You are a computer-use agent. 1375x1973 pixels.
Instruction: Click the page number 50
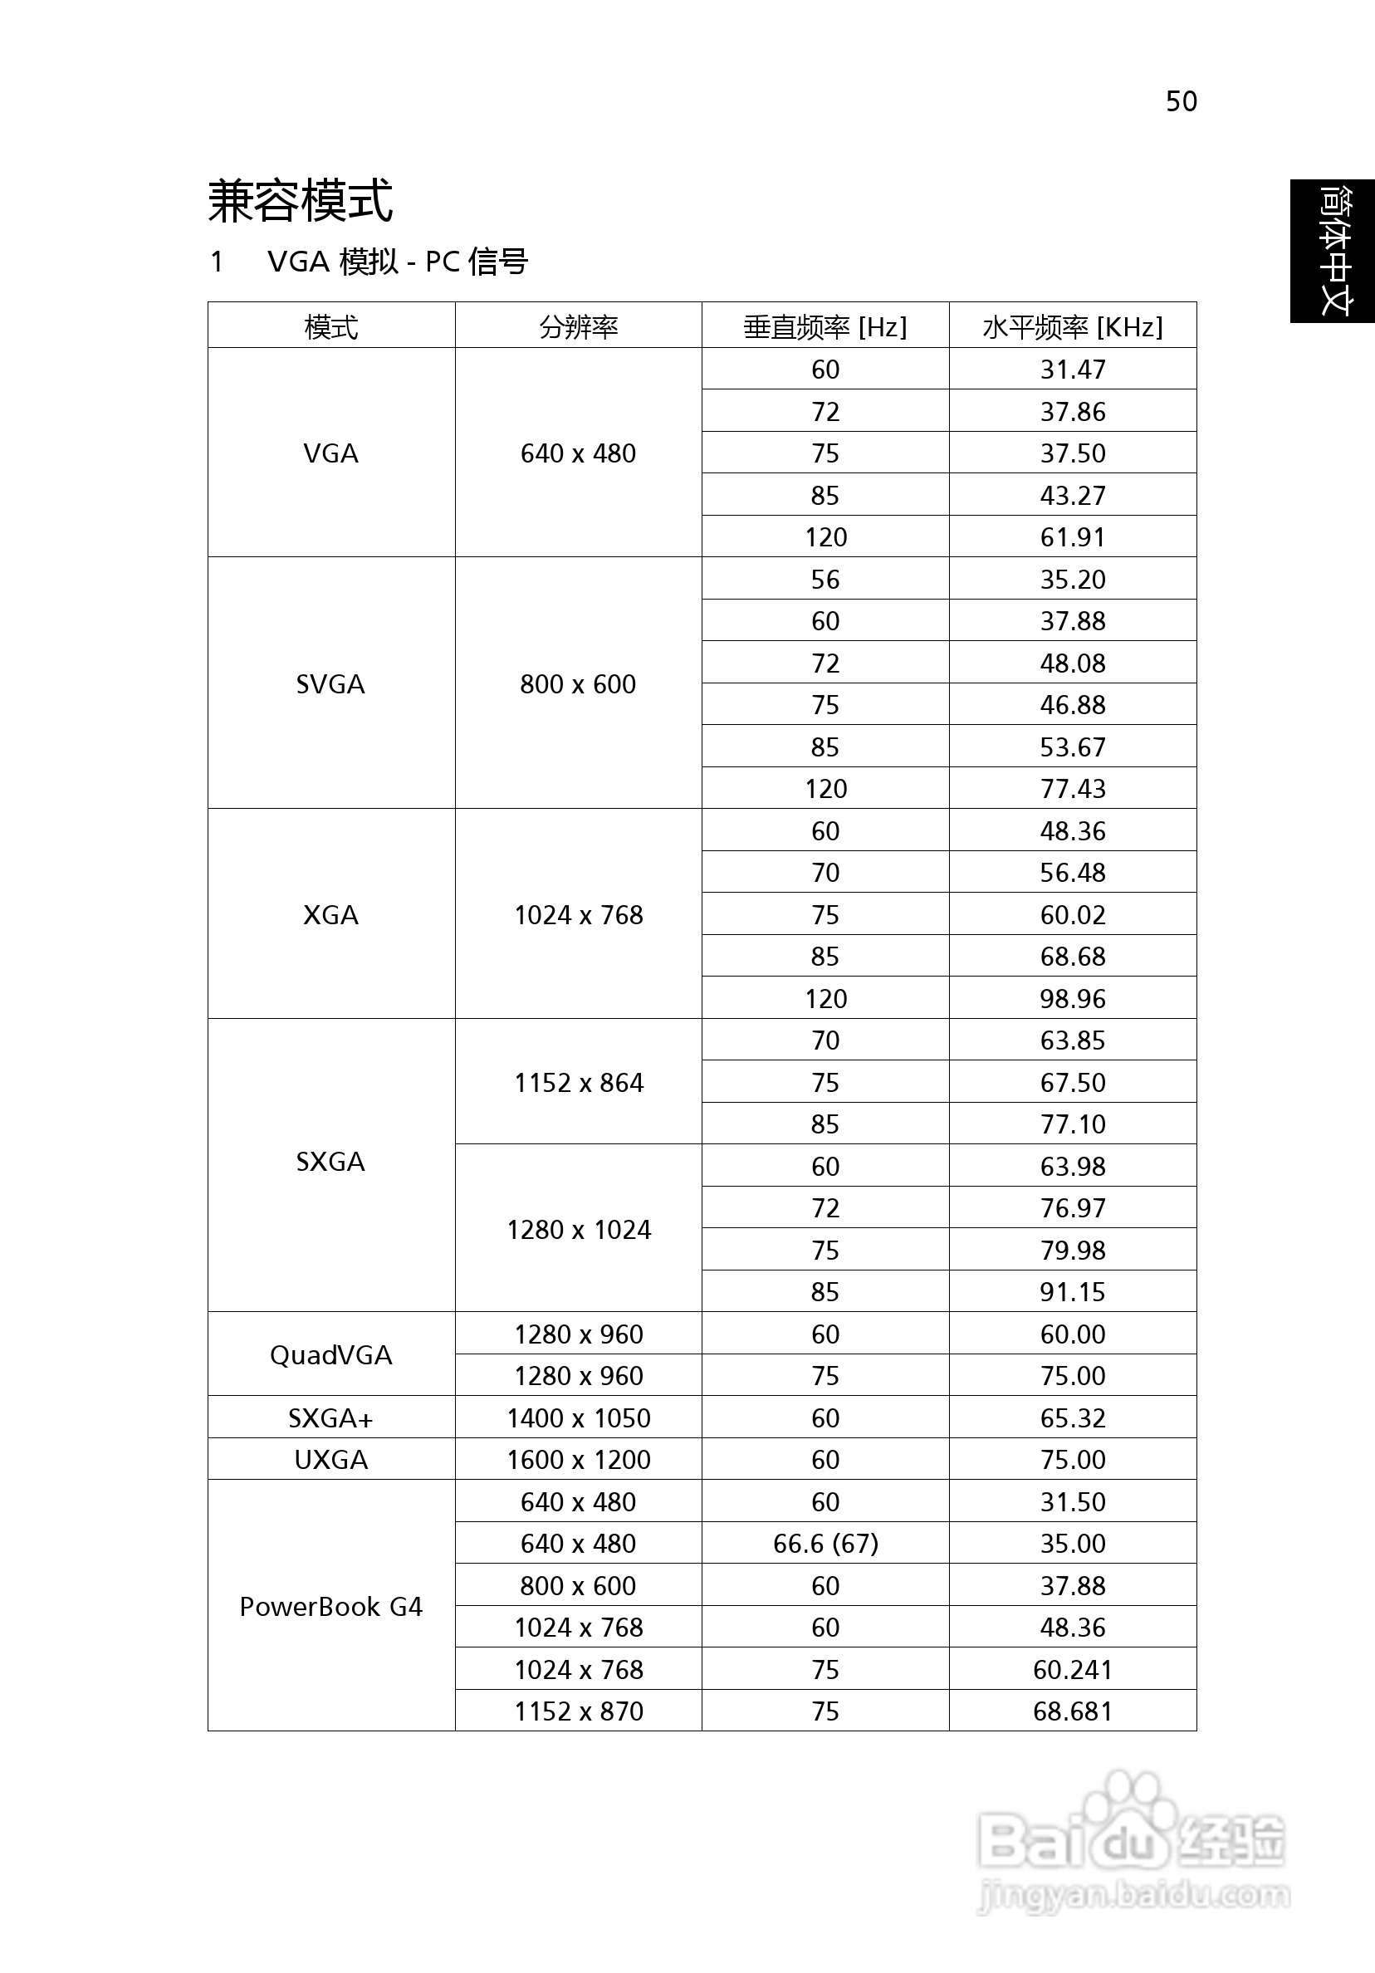tap(1181, 101)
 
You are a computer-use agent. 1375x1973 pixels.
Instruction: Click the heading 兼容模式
tap(300, 201)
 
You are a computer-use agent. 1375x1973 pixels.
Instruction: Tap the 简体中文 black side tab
tap(1333, 251)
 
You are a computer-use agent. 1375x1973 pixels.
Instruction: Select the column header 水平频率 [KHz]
tap(1073, 326)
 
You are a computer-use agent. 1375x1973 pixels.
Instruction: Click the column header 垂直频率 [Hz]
tap(825, 326)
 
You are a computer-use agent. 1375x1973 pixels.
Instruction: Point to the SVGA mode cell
tap(330, 684)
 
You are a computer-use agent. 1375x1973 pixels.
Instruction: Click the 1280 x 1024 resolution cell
tap(579, 1230)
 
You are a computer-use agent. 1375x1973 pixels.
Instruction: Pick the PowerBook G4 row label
tap(330, 1606)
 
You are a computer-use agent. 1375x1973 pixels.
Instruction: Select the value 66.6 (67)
tap(825, 1544)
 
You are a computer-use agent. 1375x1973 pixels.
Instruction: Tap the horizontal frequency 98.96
tap(1073, 998)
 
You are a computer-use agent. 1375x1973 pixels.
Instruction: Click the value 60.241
tap(1073, 1669)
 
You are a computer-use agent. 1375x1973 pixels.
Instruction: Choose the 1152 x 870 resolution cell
tap(579, 1711)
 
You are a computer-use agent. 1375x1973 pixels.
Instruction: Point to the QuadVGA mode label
tap(330, 1355)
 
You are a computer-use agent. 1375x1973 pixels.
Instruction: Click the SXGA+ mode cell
tap(330, 1417)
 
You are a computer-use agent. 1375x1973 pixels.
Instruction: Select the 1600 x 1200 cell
tap(579, 1459)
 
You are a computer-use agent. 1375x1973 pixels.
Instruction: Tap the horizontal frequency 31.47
tap(1073, 370)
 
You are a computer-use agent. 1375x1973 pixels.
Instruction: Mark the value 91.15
tap(1073, 1291)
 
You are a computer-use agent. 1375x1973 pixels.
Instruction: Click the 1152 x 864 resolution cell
tap(579, 1083)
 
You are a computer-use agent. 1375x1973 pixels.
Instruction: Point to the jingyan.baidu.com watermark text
tap(1134, 1894)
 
